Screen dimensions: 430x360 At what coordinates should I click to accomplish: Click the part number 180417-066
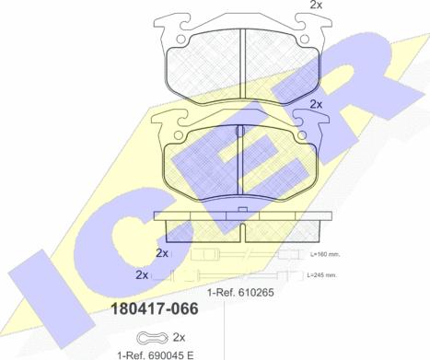coord(155,308)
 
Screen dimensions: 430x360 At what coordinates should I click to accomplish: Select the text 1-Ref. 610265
coord(240,293)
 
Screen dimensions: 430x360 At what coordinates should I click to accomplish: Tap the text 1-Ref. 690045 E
coord(156,355)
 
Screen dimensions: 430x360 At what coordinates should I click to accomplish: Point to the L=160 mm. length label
coord(325,254)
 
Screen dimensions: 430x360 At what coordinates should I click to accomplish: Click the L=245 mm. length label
coord(322,275)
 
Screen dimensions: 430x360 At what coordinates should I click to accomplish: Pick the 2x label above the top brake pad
coord(316,5)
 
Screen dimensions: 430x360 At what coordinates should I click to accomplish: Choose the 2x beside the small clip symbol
coord(179,338)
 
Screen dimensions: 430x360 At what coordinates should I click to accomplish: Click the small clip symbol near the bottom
coord(153,338)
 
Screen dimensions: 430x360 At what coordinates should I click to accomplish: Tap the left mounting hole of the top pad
coord(181,40)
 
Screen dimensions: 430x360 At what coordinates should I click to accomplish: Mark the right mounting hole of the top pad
coord(304,40)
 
